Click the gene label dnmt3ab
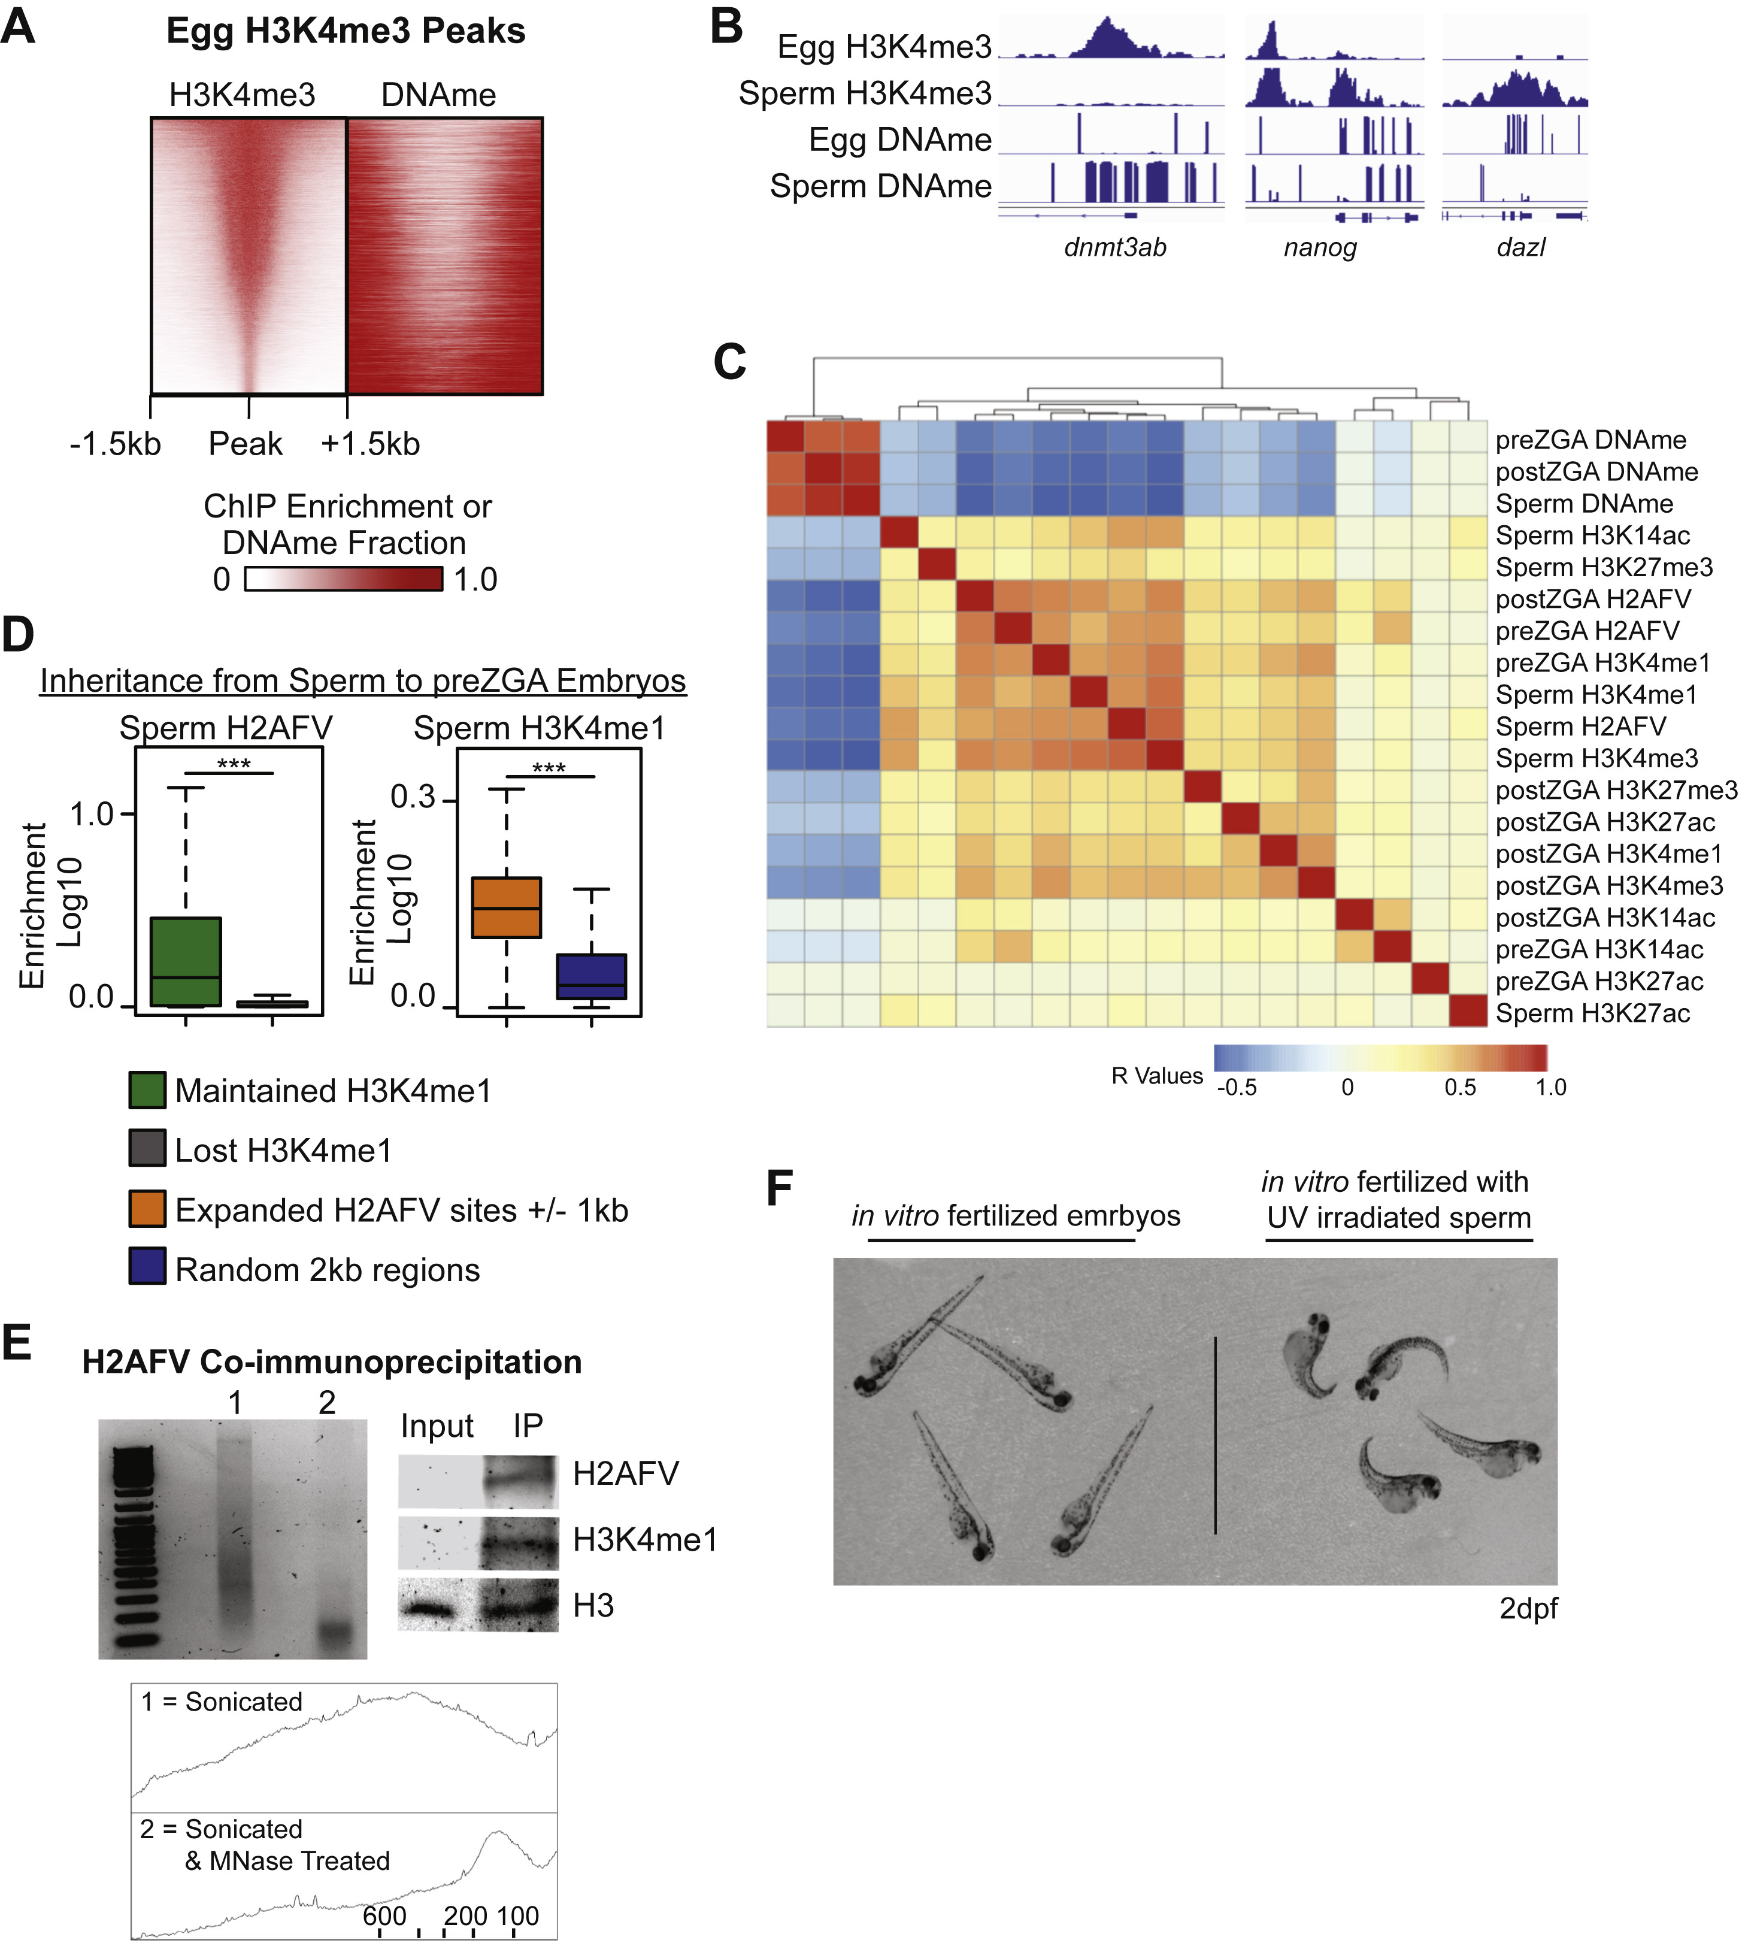tap(1115, 247)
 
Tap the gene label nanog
tap(1320, 247)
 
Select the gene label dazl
tap(1520, 247)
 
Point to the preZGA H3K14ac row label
tap(1598, 949)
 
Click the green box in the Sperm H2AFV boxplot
tap(186, 961)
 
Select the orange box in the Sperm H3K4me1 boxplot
tap(507, 906)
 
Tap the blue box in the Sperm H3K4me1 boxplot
tap(592, 976)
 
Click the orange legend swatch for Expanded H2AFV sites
tap(147, 1209)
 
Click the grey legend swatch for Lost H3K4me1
tap(147, 1149)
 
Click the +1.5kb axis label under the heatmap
tap(369, 444)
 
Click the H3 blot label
tap(593, 1606)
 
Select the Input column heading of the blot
tap(437, 1426)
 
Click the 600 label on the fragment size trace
tap(384, 1915)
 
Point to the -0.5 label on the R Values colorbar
tap(1237, 1088)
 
